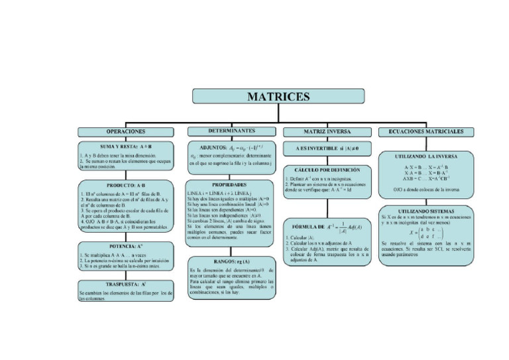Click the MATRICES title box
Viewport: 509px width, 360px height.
click(x=278, y=97)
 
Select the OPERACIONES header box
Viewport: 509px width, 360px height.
click(x=126, y=131)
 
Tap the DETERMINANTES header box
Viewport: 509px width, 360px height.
click(x=231, y=131)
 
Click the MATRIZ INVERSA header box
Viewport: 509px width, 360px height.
click(x=327, y=132)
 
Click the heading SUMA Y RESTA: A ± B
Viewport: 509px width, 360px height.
click(x=126, y=146)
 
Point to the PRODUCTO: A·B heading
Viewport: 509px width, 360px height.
click(x=126, y=185)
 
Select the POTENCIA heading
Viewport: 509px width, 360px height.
click(x=126, y=245)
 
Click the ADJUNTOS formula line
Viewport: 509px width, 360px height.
click(x=231, y=147)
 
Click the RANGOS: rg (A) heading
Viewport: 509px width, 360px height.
click(x=230, y=261)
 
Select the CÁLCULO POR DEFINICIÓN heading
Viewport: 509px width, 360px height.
click(x=327, y=170)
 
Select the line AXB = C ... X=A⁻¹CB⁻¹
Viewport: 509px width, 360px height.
click(x=426, y=178)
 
